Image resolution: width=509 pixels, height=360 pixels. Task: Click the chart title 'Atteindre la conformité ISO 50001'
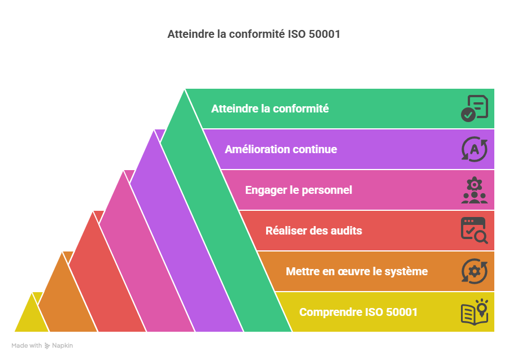254,34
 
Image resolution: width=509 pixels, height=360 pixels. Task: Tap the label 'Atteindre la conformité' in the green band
269,109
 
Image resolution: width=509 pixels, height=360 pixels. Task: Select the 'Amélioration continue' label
281,149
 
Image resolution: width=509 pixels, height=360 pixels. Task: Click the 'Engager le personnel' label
298,190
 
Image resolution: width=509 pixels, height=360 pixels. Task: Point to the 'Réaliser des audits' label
314,231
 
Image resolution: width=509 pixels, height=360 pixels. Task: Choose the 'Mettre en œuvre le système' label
356,271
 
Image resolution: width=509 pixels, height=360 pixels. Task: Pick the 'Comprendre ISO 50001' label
358,312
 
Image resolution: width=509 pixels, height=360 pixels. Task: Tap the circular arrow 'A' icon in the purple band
474,149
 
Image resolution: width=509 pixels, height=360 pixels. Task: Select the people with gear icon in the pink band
474,190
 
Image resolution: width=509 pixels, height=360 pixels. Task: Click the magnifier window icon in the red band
474,231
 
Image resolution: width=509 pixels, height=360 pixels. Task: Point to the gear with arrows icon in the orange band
474,271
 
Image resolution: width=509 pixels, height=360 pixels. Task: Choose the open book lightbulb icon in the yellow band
474,312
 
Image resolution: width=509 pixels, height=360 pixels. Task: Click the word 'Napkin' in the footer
63,345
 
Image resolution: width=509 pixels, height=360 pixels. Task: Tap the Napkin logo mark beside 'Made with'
47,345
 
